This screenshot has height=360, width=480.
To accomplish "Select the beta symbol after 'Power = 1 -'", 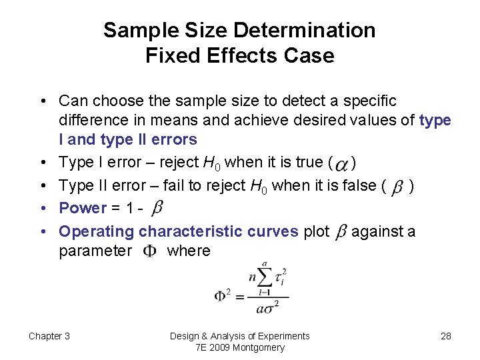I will click(157, 209).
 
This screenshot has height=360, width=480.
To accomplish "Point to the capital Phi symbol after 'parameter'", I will click(151, 252).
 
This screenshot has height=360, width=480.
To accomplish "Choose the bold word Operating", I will click(97, 231).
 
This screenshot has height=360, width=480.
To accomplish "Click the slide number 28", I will click(446, 336).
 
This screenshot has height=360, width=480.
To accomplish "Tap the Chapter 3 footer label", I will click(49, 336).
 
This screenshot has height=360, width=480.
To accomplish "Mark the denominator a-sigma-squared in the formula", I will click(267, 307).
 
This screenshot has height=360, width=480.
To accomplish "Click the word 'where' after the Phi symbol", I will click(189, 251).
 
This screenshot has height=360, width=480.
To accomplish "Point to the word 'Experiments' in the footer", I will click(283, 336).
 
